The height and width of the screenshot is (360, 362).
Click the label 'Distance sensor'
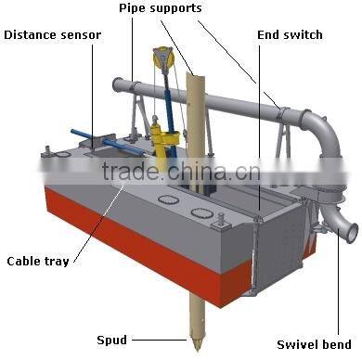[53, 35]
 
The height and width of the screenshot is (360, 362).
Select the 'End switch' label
[290, 35]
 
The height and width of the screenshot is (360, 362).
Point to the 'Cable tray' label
[36, 261]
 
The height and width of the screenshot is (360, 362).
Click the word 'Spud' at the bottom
[112, 339]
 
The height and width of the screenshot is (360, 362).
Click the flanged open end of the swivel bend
[346, 227]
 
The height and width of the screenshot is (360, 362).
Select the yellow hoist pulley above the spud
[164, 59]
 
